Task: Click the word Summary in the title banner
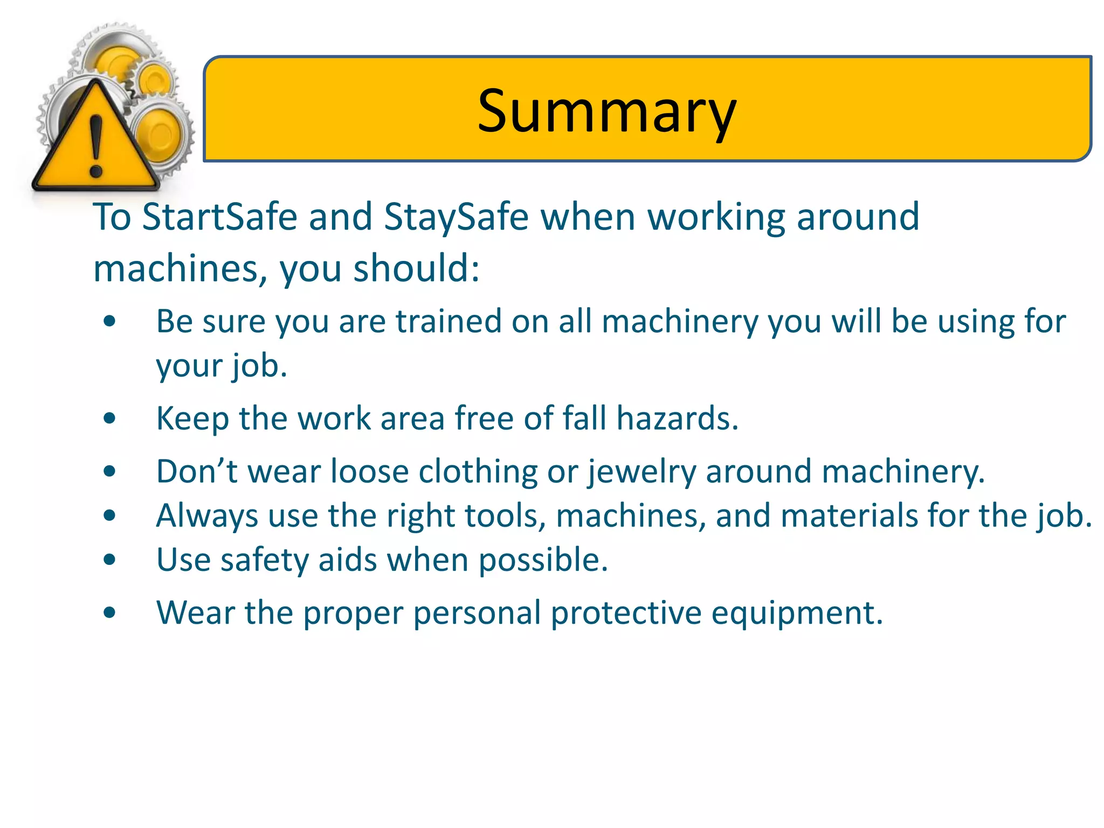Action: (606, 112)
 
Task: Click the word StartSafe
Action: (219, 217)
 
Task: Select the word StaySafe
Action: (456, 217)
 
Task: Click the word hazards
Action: (677, 418)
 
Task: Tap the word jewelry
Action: (641, 472)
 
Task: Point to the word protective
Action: (626, 613)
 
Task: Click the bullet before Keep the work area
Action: (110, 419)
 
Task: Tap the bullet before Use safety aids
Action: (110, 560)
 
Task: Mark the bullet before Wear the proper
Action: (110, 613)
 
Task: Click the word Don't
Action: (196, 471)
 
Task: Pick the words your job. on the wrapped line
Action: (222, 366)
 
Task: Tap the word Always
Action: (207, 516)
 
